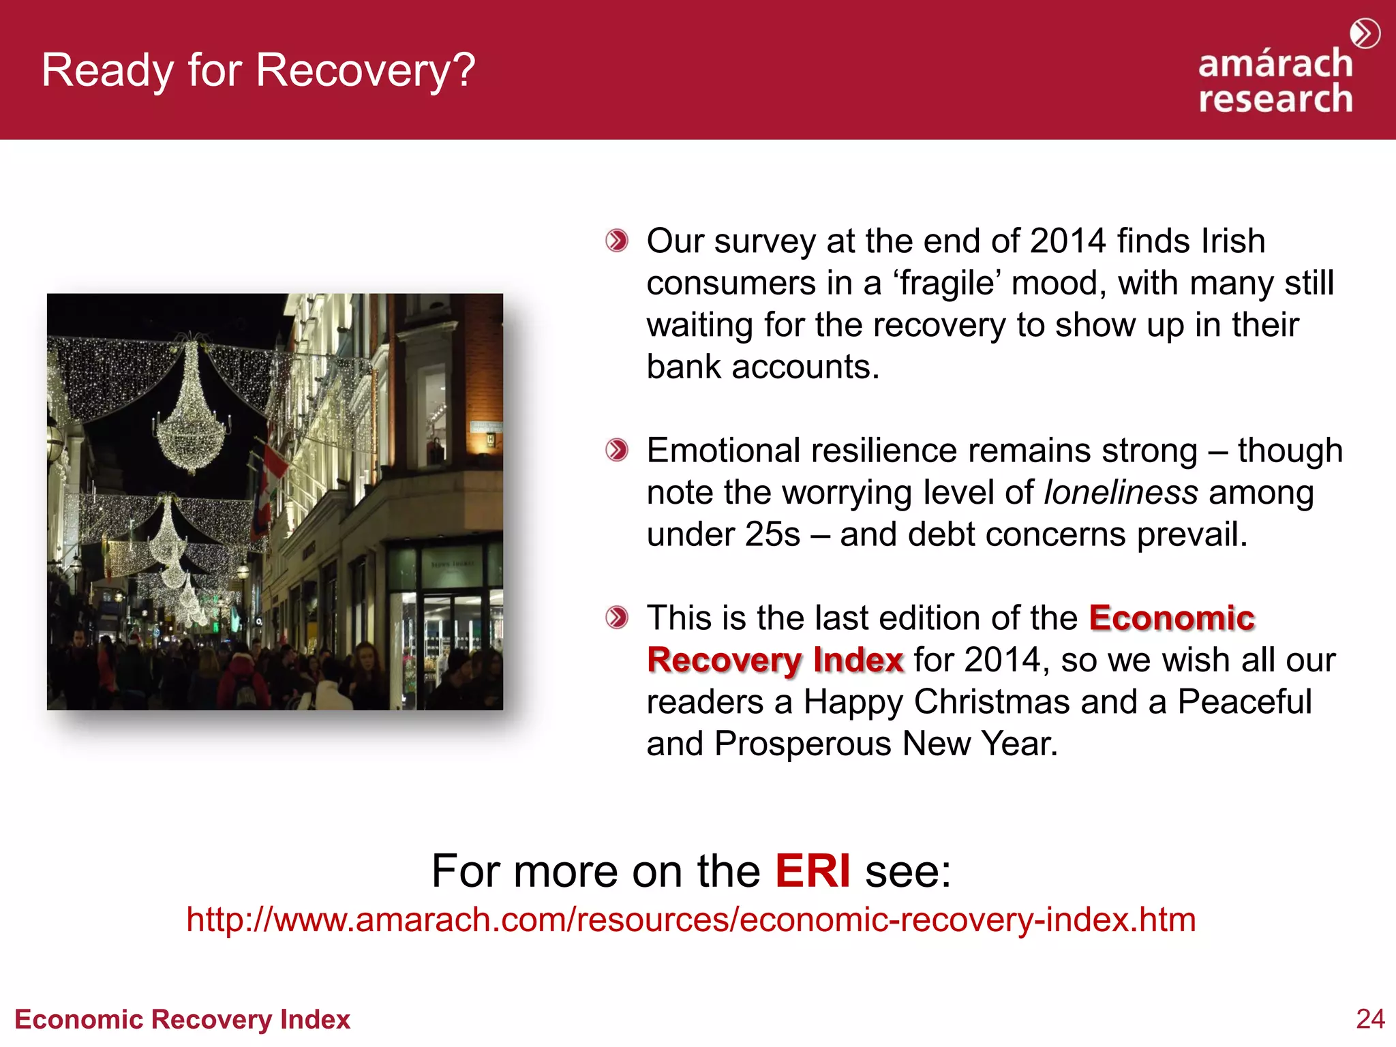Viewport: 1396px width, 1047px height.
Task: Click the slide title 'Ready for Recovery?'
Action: pos(258,70)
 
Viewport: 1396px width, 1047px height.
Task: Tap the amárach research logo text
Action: pos(1275,81)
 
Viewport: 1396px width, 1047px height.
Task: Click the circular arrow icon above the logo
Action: pos(1365,33)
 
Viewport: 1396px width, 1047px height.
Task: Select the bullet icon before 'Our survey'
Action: pos(617,241)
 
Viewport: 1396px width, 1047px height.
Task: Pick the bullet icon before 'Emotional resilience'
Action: pos(617,450)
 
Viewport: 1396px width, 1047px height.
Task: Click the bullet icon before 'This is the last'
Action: pos(617,618)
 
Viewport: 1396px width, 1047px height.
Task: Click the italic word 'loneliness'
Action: pos(1121,492)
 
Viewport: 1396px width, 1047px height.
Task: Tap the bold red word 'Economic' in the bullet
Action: pos(1172,618)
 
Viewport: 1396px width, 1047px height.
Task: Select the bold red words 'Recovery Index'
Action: pos(775,660)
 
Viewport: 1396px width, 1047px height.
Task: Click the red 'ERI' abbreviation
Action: pos(813,871)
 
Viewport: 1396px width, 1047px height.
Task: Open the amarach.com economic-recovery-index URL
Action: pos(691,920)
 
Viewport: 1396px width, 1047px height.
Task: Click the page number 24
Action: pos(1370,1018)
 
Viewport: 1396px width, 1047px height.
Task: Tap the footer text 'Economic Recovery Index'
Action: pos(182,1019)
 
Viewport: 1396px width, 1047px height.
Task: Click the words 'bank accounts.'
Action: pos(763,367)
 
